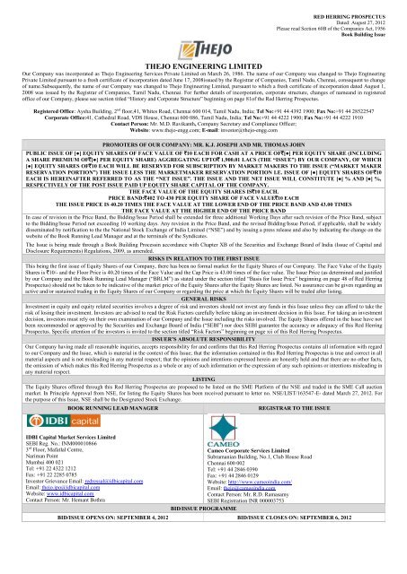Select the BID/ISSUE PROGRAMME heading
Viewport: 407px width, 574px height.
[x=203, y=557]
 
